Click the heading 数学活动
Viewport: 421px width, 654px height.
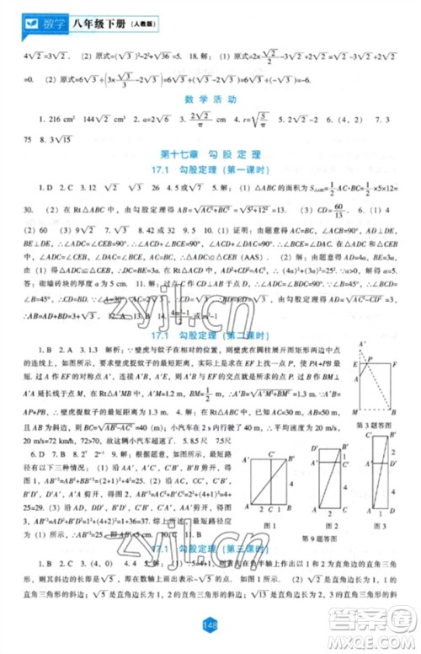pyautogui.click(x=210, y=99)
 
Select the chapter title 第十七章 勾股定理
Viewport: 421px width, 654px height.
pyautogui.click(x=210, y=152)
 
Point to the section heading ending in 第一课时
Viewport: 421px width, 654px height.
pyautogui.click(x=210, y=169)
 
